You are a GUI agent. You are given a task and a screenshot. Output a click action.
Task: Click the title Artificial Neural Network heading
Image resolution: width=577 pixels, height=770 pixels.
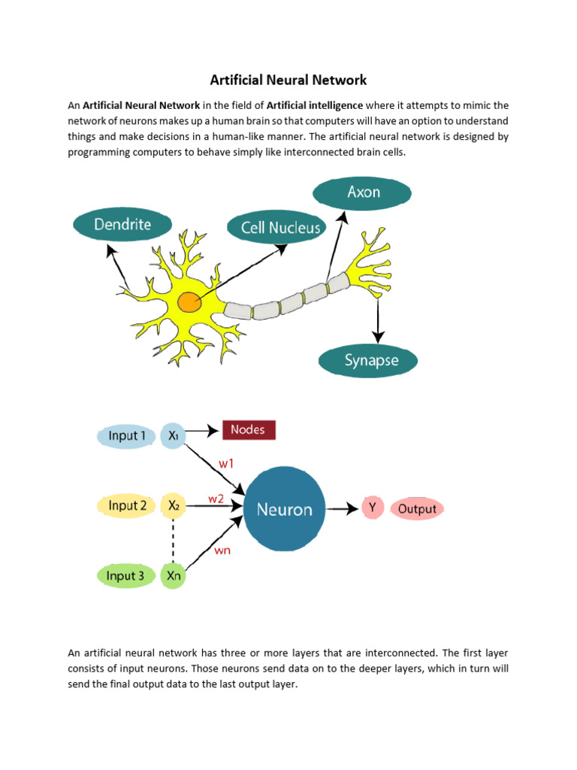[x=288, y=79]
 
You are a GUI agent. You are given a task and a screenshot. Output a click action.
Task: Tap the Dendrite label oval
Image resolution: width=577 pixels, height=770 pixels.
[x=122, y=224]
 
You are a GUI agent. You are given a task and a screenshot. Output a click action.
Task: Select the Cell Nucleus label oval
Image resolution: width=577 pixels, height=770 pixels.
[x=280, y=227]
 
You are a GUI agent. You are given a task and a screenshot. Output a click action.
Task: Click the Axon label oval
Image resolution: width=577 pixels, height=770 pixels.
[x=364, y=192]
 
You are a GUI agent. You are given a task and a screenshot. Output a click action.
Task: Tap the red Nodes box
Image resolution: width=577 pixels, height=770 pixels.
[x=248, y=430]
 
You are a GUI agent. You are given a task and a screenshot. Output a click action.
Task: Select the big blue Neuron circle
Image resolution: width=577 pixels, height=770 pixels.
[x=284, y=509]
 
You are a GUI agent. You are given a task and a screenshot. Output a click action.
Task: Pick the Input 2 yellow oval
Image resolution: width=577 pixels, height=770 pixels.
[x=127, y=505]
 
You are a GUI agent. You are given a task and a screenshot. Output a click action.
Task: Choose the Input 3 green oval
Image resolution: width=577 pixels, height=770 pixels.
[x=125, y=576]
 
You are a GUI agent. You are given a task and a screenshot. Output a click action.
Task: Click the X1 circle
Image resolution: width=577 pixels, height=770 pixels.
[x=173, y=435]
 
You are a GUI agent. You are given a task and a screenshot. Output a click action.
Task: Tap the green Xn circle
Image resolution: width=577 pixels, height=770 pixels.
[x=173, y=577]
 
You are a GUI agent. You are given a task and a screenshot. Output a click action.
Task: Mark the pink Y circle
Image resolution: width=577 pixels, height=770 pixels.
[x=372, y=508]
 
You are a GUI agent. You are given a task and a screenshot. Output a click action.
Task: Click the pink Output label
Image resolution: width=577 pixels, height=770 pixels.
[x=417, y=509]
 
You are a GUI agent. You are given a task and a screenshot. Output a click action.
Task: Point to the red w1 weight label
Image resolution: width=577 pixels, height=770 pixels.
[x=226, y=464]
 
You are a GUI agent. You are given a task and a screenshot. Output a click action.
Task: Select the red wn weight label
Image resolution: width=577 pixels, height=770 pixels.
[x=222, y=550]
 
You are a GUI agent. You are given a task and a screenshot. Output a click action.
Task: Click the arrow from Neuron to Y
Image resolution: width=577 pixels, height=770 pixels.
[x=343, y=509]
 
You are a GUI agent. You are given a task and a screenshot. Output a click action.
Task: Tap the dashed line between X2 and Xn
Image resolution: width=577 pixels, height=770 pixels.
[x=174, y=541]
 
